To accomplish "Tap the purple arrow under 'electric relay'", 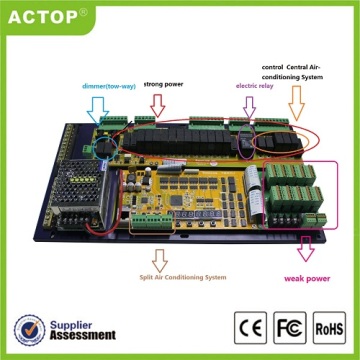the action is [250, 108].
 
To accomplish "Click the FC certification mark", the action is [289, 327].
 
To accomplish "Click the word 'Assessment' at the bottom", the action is [83, 335].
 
